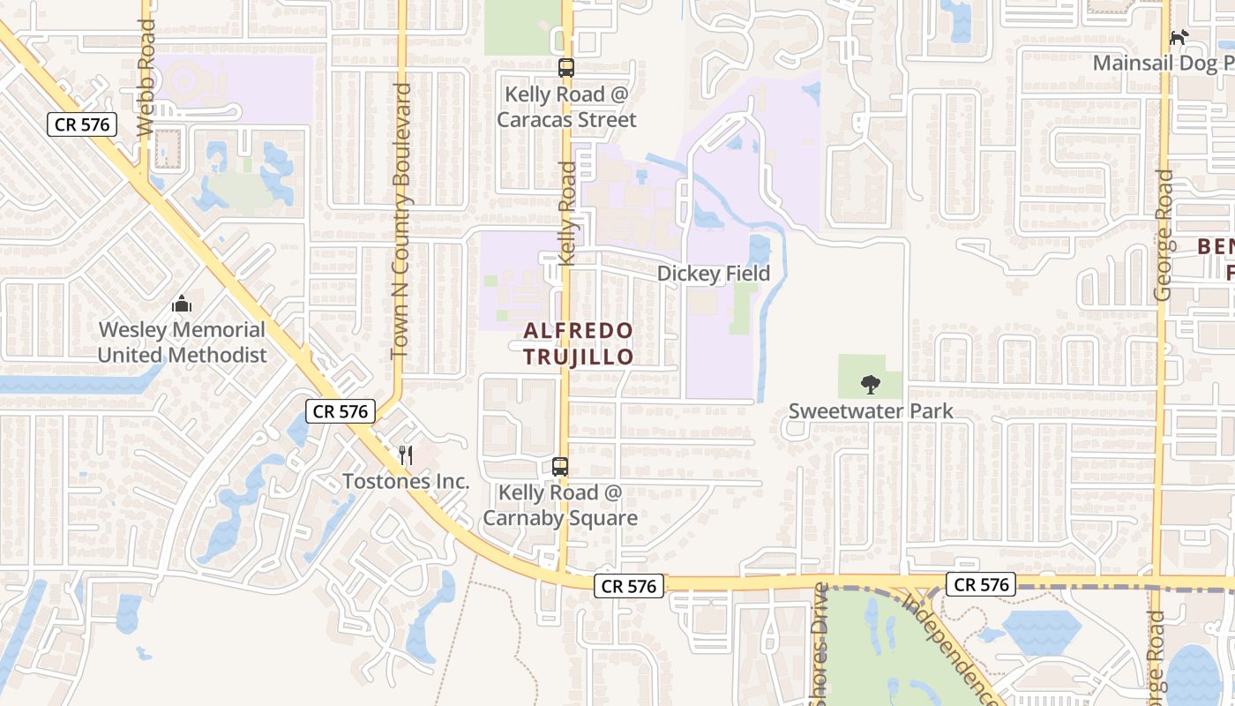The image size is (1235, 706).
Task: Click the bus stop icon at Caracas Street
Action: pos(566,67)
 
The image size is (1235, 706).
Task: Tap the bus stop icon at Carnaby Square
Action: pos(560,467)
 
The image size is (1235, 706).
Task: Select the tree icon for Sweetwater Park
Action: pos(871,385)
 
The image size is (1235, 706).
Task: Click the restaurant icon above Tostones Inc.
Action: pos(406,455)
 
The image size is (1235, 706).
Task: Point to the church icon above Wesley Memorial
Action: pos(182,304)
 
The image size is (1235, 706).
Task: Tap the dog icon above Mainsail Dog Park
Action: pos(1179,37)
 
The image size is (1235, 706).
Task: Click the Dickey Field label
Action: pos(713,274)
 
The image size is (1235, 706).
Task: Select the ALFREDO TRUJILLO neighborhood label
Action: pos(578,344)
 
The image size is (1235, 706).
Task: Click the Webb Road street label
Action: pos(146,78)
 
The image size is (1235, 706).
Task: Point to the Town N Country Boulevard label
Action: pos(401,221)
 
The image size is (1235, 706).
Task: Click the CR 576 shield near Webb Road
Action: pos(82,124)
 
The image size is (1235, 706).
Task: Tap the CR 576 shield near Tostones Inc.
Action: pos(341,410)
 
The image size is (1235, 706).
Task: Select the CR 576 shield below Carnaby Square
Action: pos(628,586)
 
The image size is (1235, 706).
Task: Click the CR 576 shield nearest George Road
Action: pos(981,584)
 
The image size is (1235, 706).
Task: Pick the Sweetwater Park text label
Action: pos(871,411)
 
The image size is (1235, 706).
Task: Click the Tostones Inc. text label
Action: pos(406,483)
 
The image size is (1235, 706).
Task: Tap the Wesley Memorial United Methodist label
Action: pos(182,342)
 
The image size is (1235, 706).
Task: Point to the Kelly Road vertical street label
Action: pos(567,212)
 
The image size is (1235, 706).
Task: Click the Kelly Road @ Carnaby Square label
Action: pos(568,505)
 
